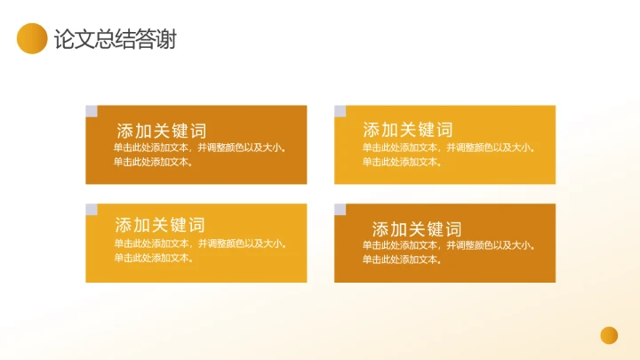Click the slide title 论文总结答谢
click(115, 39)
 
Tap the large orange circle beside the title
click(32, 38)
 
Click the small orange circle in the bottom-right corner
click(609, 334)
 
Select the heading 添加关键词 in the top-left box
click(161, 131)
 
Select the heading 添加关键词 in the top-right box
click(408, 130)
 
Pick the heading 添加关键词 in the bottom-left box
click(160, 225)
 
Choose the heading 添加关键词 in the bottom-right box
click(417, 229)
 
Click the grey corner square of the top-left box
click(91, 111)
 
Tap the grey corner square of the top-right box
click(340, 111)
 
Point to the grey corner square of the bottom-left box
click(91, 210)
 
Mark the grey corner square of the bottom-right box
click(340, 210)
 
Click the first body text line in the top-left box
click(200, 148)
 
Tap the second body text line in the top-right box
click(402, 162)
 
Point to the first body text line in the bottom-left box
click(200, 244)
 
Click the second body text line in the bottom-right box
click(402, 260)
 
